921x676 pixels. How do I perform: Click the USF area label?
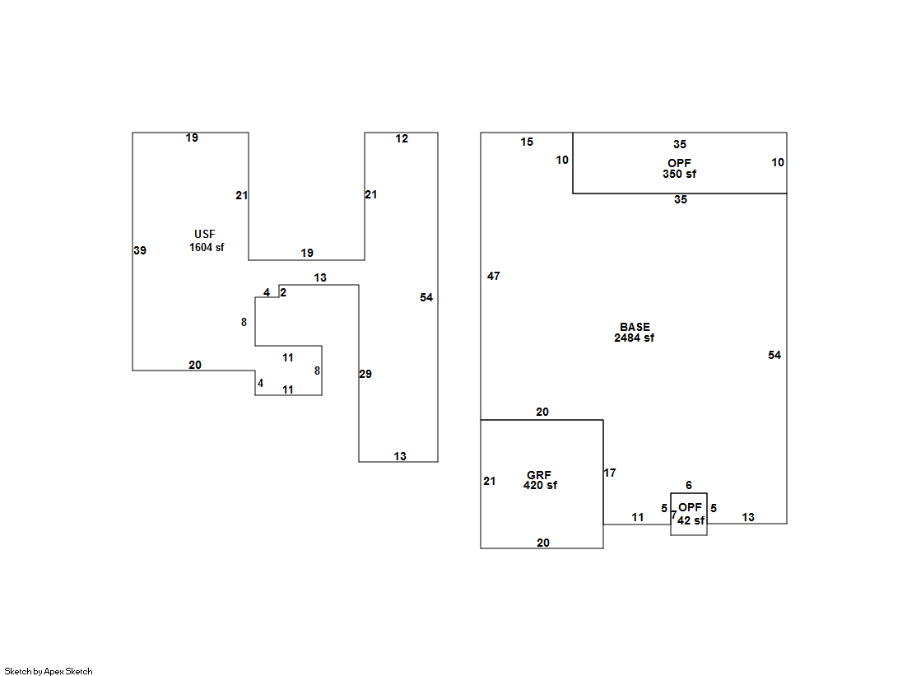click(x=205, y=235)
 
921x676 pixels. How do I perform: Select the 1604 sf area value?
click(x=207, y=248)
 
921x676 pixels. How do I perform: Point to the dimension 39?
click(x=140, y=251)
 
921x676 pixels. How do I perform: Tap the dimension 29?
click(x=365, y=375)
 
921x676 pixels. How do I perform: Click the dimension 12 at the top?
click(x=402, y=139)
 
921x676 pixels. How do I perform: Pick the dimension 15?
click(x=527, y=142)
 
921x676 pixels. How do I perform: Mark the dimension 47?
click(x=494, y=277)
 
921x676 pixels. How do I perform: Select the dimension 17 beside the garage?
click(x=610, y=473)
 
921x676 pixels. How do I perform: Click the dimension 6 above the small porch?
click(x=689, y=486)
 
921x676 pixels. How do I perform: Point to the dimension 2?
click(x=283, y=292)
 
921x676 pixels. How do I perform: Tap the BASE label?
click(x=635, y=328)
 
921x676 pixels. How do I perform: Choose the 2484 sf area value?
click(x=635, y=338)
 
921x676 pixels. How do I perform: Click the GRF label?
click(x=539, y=476)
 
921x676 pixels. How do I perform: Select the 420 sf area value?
click(x=540, y=486)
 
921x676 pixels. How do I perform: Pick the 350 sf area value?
click(x=679, y=175)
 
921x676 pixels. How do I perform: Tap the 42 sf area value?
click(x=691, y=521)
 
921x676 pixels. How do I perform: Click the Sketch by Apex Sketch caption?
click(x=49, y=672)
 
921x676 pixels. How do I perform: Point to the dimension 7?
click(x=673, y=515)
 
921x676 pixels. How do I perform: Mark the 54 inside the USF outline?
click(x=426, y=298)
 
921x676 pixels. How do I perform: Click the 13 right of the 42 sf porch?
click(x=748, y=518)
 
